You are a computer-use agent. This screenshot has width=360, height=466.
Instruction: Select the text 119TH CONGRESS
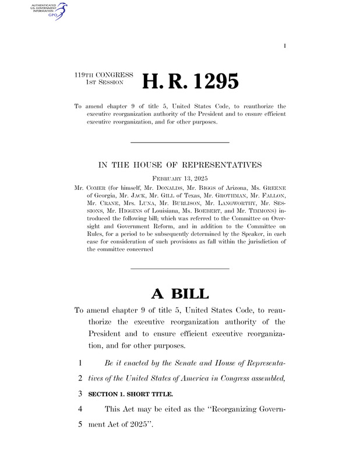point(104,75)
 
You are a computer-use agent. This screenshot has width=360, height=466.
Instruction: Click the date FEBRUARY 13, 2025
point(179,178)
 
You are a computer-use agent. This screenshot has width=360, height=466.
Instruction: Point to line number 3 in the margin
point(77,394)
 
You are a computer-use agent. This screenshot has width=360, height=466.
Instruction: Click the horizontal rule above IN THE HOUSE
point(179,143)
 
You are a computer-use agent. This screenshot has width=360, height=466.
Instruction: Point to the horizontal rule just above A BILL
point(179,268)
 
